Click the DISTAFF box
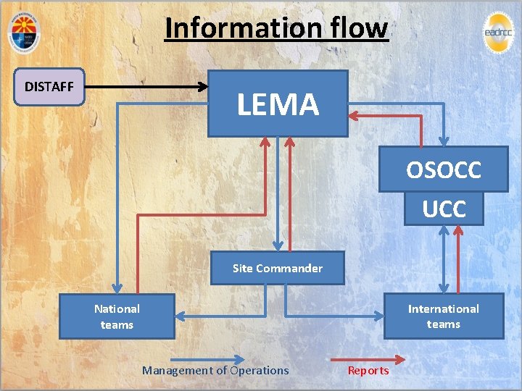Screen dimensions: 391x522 pos(49,87)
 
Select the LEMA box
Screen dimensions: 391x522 pos(278,104)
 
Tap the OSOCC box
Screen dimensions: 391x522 pos(443,170)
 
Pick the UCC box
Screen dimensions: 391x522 pos(444,209)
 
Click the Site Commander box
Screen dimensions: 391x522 pos(277,268)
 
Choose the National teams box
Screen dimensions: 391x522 pos(117,316)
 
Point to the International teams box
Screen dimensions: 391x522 pos(443,316)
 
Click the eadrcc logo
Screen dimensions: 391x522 pos(497,32)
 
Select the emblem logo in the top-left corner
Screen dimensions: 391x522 pos(25,32)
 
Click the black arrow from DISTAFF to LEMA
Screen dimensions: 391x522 pos(145,87)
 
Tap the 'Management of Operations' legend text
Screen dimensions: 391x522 pos(215,371)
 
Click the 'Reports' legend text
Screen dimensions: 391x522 pos(368,371)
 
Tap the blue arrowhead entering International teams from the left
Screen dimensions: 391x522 pos(378,316)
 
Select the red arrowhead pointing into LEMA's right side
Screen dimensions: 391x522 pos(353,114)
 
